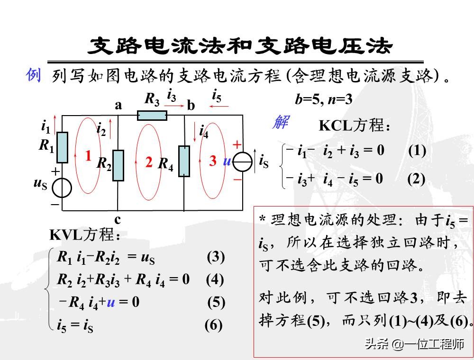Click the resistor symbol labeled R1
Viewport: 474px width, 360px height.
63,147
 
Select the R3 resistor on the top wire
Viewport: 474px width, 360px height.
153,115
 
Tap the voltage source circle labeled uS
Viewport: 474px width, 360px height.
62,188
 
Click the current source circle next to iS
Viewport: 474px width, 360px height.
243,162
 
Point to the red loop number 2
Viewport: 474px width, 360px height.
149,162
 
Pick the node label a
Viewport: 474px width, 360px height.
118,106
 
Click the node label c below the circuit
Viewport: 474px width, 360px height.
117,219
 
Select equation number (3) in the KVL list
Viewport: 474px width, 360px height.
216,257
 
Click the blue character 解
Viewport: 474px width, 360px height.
279,122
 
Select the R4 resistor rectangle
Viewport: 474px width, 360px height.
184,161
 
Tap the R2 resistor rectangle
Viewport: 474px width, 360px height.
118,165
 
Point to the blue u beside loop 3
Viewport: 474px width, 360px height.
227,161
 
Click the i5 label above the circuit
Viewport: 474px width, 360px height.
217,98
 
